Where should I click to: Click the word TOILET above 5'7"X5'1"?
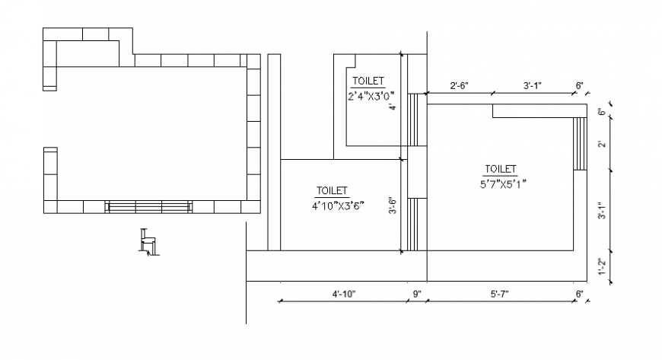(x=500, y=169)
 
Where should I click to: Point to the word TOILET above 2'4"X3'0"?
(x=368, y=81)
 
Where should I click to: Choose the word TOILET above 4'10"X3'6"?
(x=332, y=190)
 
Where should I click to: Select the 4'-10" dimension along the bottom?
(x=344, y=293)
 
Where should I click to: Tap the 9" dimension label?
(x=416, y=293)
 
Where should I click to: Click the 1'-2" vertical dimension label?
(x=602, y=267)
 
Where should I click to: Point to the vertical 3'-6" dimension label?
(x=393, y=206)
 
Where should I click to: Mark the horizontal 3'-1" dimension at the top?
(x=533, y=86)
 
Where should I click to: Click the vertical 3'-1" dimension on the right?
(x=602, y=211)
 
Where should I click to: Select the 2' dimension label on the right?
(x=602, y=145)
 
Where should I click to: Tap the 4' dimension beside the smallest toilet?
(x=393, y=107)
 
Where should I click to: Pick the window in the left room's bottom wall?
(x=148, y=207)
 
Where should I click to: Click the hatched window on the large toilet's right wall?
(x=581, y=144)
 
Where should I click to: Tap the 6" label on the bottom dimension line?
(x=580, y=293)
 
